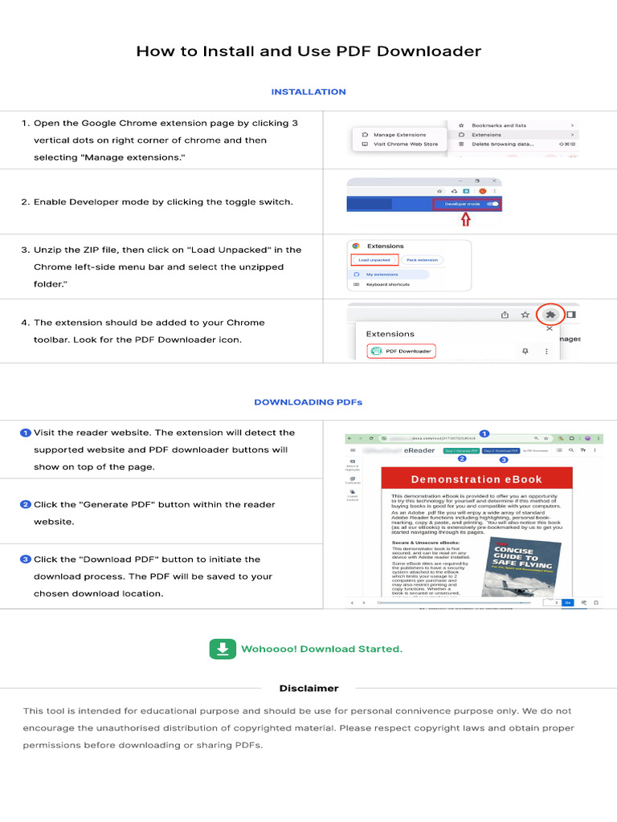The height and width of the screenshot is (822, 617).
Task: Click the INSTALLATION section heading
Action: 308,92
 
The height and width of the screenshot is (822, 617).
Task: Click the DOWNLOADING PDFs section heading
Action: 308,402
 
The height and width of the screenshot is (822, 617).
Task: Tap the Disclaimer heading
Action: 308,688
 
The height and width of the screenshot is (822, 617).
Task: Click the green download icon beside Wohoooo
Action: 222,649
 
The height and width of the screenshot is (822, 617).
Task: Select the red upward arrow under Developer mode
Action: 464,221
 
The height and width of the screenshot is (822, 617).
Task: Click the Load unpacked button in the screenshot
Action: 374,260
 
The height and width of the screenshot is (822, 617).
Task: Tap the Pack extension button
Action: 422,260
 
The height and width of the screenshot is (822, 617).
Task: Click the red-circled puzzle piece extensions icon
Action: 550,315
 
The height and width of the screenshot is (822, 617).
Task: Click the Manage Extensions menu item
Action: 399,135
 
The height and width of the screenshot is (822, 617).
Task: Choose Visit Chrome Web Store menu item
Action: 405,144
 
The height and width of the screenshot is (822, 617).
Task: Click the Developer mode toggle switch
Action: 492,205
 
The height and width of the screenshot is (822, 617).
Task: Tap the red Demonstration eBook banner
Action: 476,479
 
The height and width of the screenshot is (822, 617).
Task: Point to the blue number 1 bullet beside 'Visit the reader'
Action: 26,433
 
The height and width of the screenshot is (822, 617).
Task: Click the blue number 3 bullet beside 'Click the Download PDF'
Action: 26,560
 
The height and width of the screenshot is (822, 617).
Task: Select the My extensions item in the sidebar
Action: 382,275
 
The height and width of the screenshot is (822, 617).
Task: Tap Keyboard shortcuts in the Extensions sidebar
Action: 388,285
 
